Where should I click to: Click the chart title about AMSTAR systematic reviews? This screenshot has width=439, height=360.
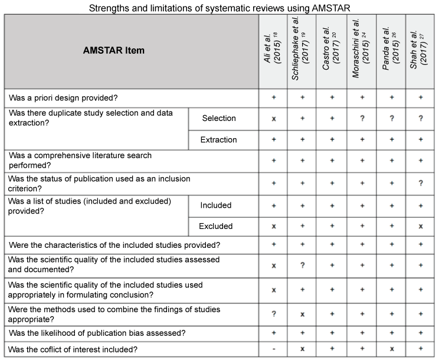pyautogui.click(x=219, y=7)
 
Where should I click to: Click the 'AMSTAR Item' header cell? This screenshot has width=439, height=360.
pyautogui.click(x=113, y=51)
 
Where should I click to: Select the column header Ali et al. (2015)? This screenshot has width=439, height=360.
pyautogui.click(x=273, y=51)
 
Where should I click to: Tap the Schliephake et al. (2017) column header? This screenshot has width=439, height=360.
pyautogui.click(x=302, y=51)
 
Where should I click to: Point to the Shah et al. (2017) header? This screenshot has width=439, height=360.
pyautogui.click(x=420, y=51)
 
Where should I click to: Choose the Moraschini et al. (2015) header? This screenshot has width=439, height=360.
pyautogui.click(x=361, y=51)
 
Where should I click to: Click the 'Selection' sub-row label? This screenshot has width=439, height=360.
pyautogui.click(x=219, y=118)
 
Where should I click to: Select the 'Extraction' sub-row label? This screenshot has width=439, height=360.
pyautogui.click(x=219, y=140)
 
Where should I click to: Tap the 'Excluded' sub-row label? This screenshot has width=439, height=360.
pyautogui.click(x=216, y=226)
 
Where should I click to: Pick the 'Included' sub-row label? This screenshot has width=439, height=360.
pyautogui.click(x=216, y=205)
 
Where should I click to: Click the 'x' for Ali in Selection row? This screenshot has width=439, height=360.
pyautogui.click(x=273, y=119)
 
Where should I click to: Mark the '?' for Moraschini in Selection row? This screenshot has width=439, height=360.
pyautogui.click(x=361, y=119)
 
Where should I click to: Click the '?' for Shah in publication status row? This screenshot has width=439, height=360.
pyautogui.click(x=420, y=183)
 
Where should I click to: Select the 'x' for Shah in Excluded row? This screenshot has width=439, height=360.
pyautogui.click(x=420, y=227)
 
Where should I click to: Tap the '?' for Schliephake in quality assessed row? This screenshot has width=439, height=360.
pyautogui.click(x=302, y=266)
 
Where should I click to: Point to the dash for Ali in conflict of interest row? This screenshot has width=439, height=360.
pyautogui.click(x=273, y=349)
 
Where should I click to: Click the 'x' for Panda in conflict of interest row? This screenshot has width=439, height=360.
pyautogui.click(x=391, y=349)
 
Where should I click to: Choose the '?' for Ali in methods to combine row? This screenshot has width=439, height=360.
pyautogui.click(x=273, y=314)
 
